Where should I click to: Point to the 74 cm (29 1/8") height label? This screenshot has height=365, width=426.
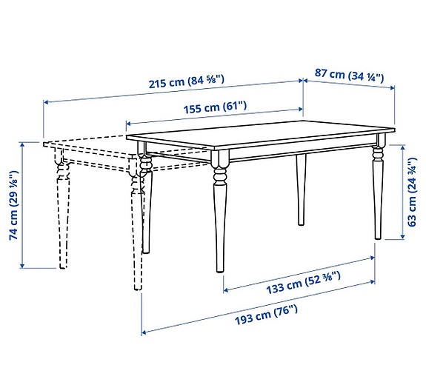(x=11, y=204)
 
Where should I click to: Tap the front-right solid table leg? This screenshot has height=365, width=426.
(x=379, y=192)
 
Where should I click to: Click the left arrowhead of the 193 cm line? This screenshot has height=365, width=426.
(x=143, y=331)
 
